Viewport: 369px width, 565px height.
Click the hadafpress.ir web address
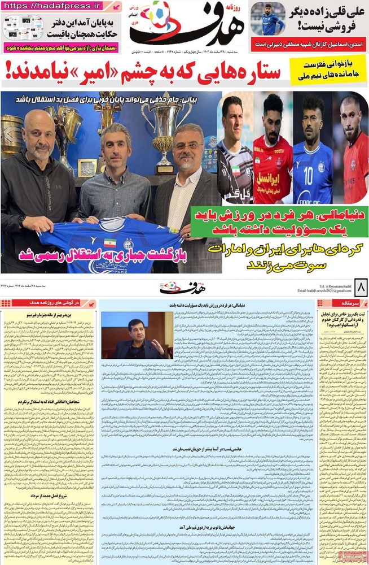(54, 6)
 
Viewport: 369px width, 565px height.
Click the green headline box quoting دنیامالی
(278, 221)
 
